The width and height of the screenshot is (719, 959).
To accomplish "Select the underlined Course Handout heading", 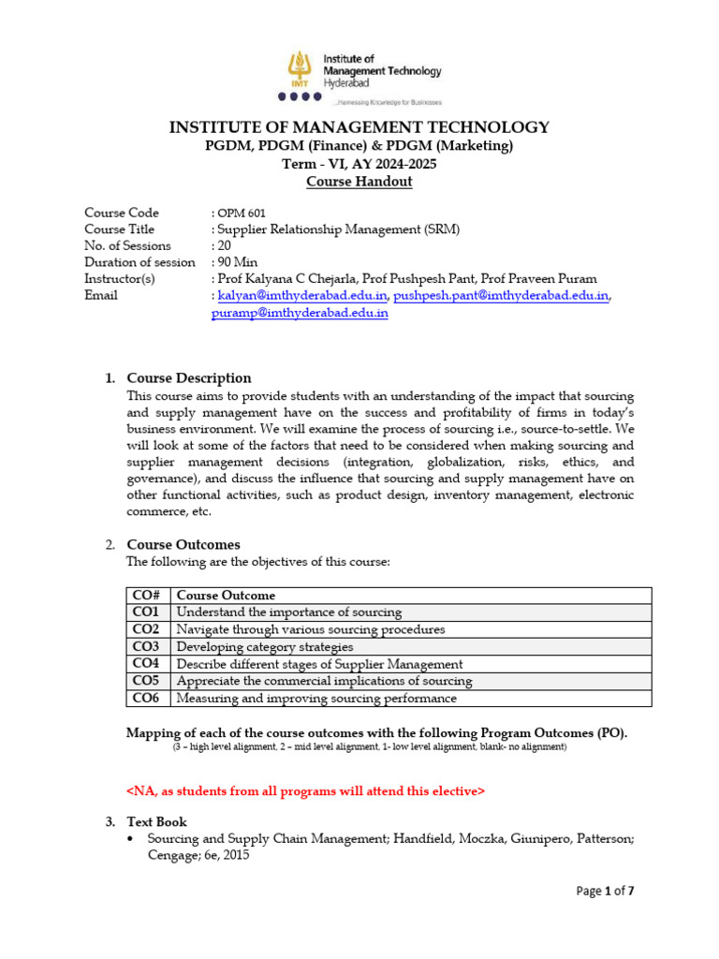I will pos(359,182).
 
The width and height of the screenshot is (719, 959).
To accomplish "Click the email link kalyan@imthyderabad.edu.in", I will pos(301,296).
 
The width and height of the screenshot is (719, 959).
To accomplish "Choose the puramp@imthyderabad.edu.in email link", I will pos(301,313).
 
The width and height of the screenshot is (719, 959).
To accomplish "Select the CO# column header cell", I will pos(148,596).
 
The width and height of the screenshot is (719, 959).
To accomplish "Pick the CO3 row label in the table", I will pos(147,646).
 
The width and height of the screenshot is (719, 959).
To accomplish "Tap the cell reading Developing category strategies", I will pos(265,646).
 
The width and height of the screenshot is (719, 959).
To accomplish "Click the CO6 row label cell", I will pos(147,698).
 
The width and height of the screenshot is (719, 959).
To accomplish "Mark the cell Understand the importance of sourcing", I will pos(289,612).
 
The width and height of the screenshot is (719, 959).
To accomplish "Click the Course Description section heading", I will pos(189,378).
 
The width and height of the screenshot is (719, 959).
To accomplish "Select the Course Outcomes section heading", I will pos(183,544).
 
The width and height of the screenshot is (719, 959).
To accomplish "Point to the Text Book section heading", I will pos(157,821).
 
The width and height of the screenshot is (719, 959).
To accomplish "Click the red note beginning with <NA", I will pos(305,791).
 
